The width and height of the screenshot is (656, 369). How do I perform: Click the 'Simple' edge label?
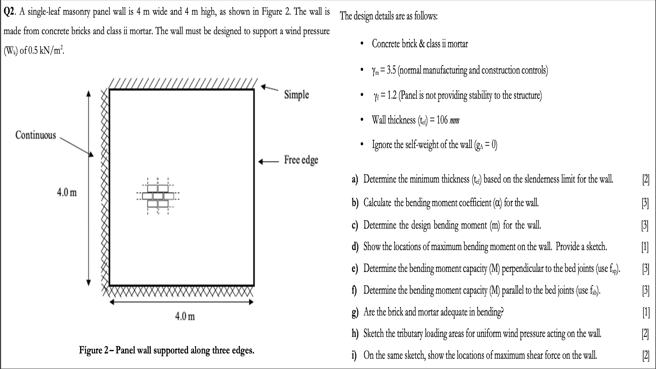click(x=296, y=95)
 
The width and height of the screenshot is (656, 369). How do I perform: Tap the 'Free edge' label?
click(x=301, y=160)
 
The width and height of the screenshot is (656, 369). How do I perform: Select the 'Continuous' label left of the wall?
click(x=36, y=135)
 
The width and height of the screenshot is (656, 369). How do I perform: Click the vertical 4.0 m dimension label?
click(x=67, y=193)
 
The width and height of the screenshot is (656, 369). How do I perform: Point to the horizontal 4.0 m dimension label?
click(x=185, y=316)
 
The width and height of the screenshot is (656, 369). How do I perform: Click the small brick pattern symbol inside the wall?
click(x=157, y=196)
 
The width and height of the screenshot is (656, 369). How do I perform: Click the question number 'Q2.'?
click(x=10, y=12)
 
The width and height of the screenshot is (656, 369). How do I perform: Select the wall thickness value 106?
click(x=442, y=120)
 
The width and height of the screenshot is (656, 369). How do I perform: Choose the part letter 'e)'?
click(x=355, y=268)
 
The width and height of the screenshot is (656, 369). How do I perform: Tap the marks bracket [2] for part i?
click(x=646, y=356)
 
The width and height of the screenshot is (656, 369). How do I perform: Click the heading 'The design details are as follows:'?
click(x=389, y=16)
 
